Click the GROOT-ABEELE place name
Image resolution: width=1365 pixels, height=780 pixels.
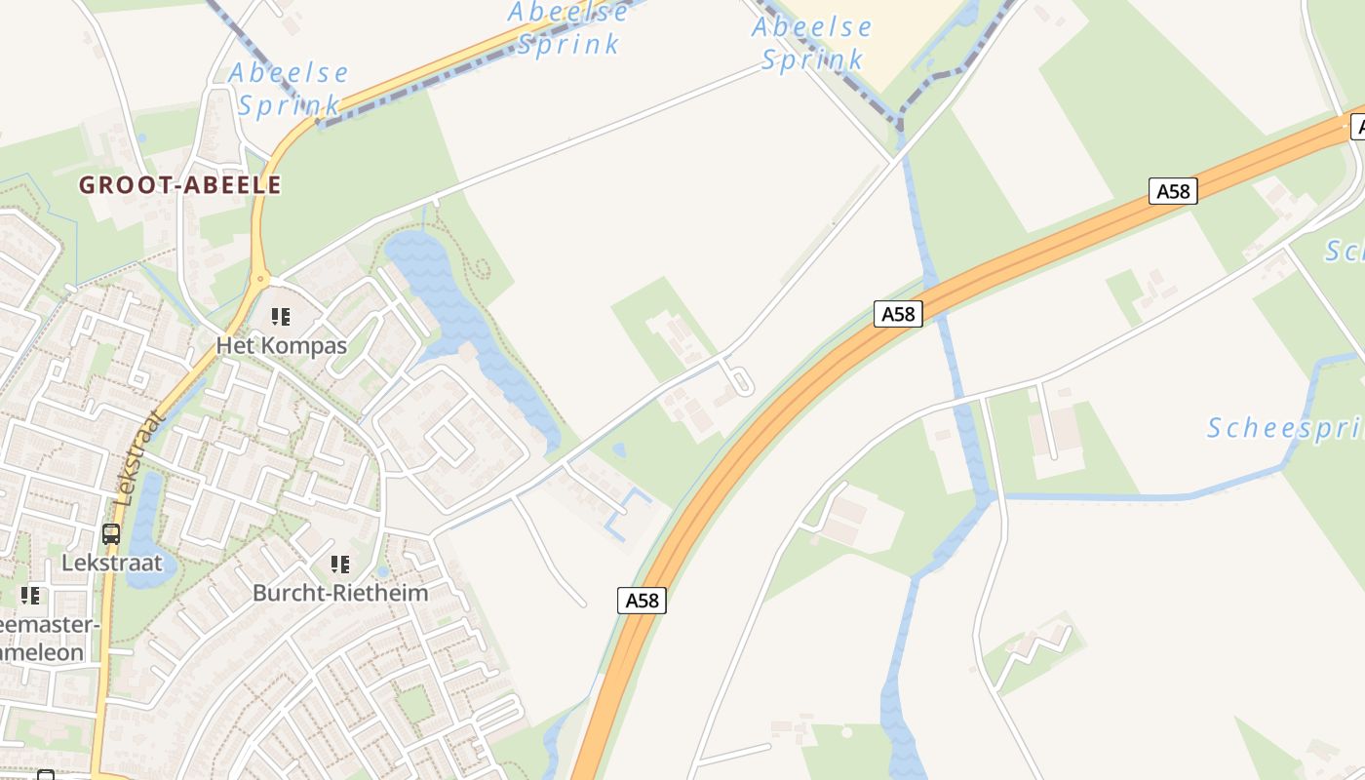click(x=180, y=185)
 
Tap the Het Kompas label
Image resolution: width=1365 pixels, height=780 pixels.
click(x=282, y=345)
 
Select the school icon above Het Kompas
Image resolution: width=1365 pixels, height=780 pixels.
click(x=281, y=317)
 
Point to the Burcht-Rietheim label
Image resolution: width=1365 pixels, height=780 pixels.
click(x=339, y=593)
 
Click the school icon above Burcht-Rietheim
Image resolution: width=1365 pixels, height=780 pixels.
click(x=339, y=565)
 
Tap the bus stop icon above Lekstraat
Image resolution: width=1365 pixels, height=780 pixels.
click(x=111, y=534)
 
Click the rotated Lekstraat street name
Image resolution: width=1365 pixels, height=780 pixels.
click(x=139, y=457)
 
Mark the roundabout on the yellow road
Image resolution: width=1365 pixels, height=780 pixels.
click(x=259, y=279)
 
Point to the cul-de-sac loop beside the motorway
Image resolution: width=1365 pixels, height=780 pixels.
click(x=738, y=379)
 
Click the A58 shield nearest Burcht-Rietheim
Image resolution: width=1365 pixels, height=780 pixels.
click(x=642, y=601)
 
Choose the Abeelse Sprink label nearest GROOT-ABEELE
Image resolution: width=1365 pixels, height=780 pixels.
click(x=289, y=89)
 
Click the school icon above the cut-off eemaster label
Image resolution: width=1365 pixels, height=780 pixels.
click(x=31, y=595)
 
